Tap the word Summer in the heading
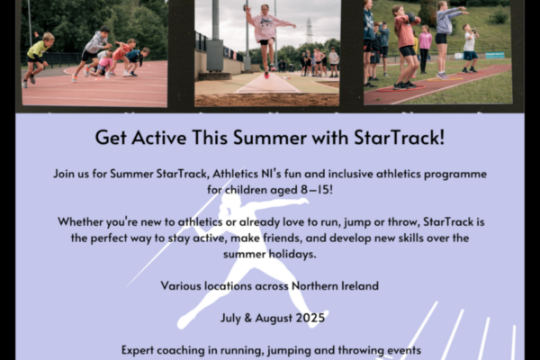pyautogui.click(x=269, y=137)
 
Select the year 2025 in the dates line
pyautogui.click(x=310, y=318)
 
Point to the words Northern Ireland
pyautogui.click(x=335, y=286)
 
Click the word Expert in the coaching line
pyautogui.click(x=138, y=350)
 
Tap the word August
pyautogui.click(x=274, y=319)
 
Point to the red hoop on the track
pyautogui.click(x=400, y=88)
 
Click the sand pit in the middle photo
pyautogui.click(x=266, y=100)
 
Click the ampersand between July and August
pyautogui.click(x=248, y=318)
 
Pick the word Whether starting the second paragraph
pyautogui.click(x=80, y=222)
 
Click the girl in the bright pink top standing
pyautogui.click(x=425, y=49)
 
